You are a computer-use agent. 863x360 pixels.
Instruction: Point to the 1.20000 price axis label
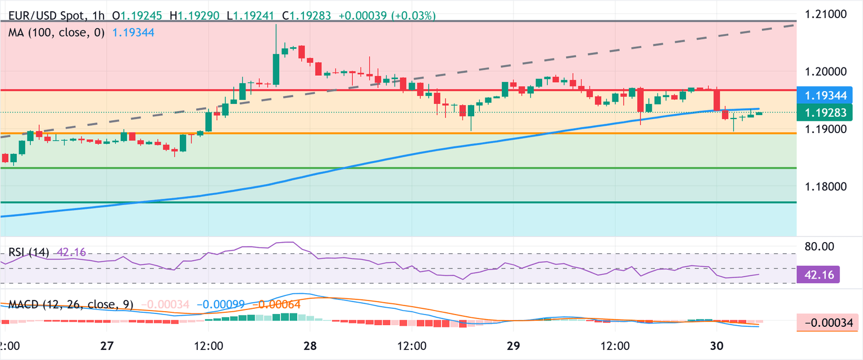click(x=826, y=72)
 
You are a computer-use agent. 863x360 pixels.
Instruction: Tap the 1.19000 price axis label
click(x=826, y=130)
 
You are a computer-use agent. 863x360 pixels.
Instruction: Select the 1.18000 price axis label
click(x=826, y=187)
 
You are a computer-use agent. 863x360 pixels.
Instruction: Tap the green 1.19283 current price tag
click(x=827, y=112)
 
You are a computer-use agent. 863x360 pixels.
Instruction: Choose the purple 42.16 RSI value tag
click(x=819, y=275)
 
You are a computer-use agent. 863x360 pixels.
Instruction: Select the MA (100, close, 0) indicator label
click(x=56, y=33)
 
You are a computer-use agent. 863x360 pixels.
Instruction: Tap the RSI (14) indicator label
click(x=28, y=252)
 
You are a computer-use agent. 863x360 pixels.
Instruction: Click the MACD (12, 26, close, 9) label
click(x=71, y=305)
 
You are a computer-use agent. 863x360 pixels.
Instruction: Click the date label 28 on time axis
click(x=311, y=345)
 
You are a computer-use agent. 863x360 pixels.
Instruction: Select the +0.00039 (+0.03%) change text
click(x=387, y=16)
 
